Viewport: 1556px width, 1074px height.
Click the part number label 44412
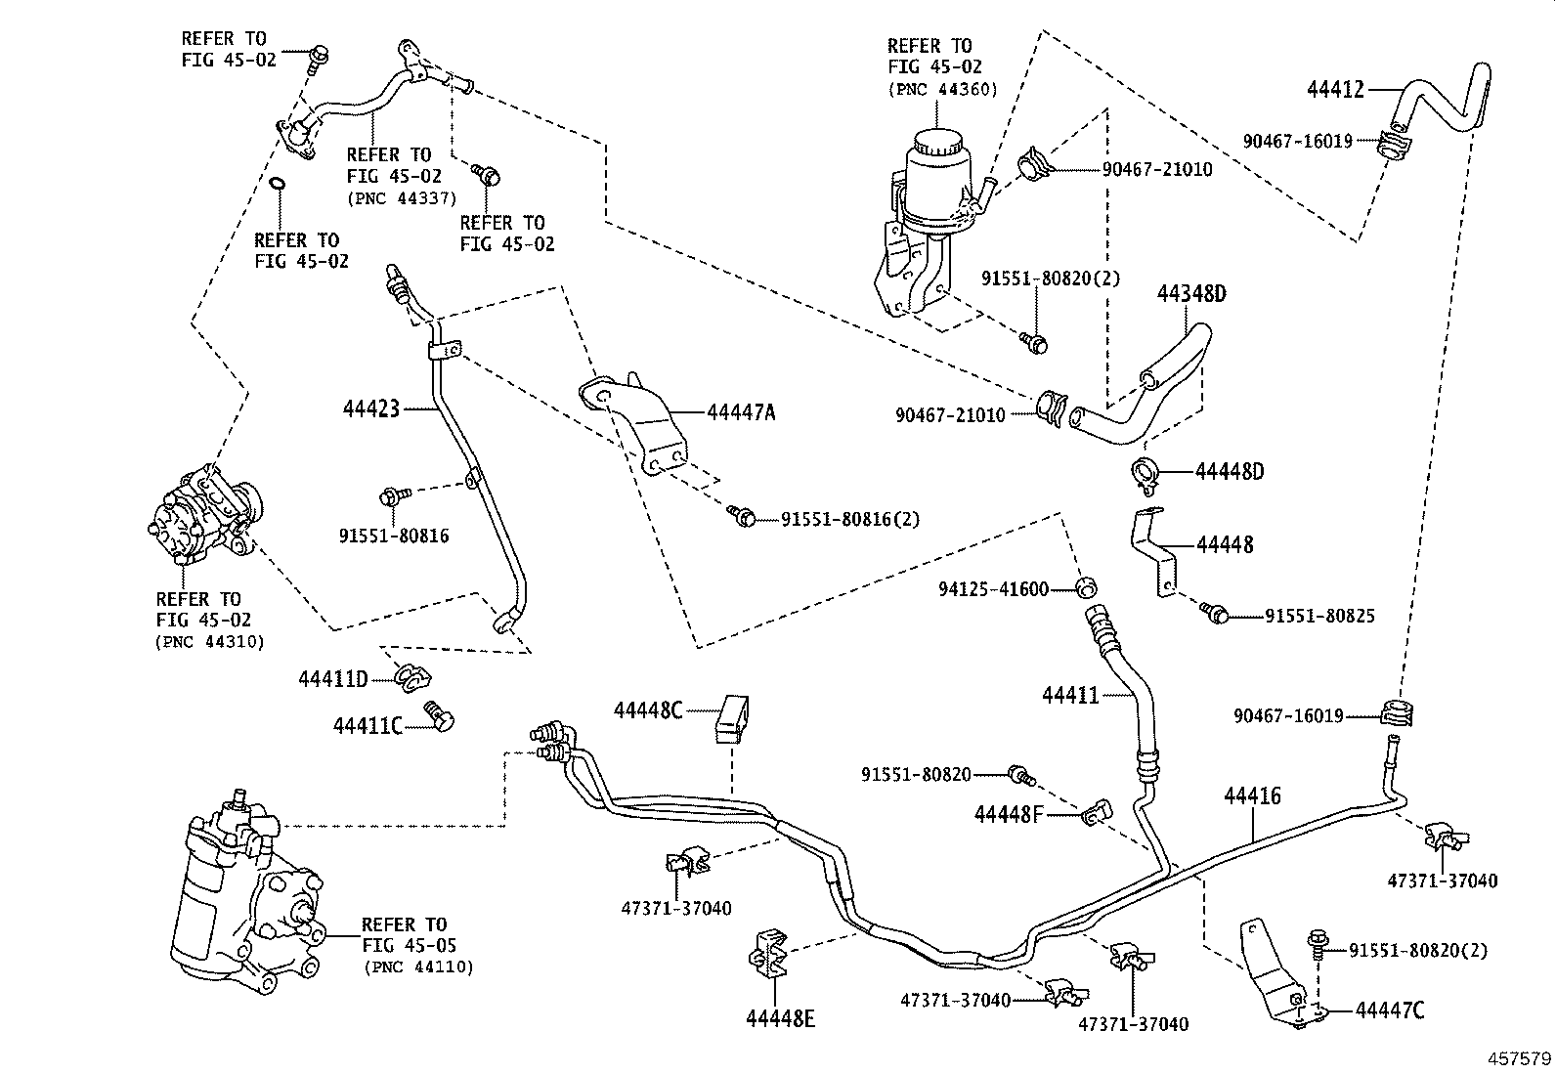click(1335, 90)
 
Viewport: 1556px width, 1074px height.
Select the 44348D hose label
click(1190, 294)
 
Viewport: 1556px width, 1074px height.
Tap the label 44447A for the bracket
click(741, 412)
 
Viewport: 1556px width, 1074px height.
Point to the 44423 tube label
click(371, 408)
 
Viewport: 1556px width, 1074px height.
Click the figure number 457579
click(1520, 1058)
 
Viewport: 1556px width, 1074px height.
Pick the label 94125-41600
click(993, 589)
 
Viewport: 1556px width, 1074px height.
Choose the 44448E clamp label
click(780, 1019)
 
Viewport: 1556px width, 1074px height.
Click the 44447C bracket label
click(1389, 1010)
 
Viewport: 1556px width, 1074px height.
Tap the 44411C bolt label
click(368, 725)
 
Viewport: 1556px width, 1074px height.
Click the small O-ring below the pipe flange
click(278, 183)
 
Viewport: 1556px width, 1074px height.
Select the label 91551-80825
click(1319, 616)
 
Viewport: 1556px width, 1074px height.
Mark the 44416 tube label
click(1252, 795)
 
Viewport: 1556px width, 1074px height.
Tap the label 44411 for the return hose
click(1070, 696)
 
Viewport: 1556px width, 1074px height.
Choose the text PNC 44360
click(942, 89)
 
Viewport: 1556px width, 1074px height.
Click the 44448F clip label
click(1009, 813)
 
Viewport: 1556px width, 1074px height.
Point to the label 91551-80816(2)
click(849, 519)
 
